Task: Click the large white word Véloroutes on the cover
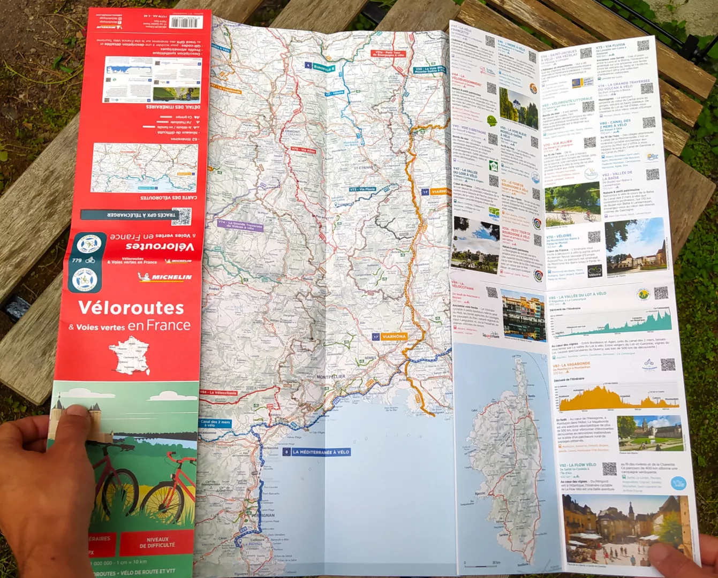131,308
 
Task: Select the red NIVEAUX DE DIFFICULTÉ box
157,542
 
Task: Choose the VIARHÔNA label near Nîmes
394,337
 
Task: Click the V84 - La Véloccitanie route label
218,392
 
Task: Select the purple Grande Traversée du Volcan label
240,226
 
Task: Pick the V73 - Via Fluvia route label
362,189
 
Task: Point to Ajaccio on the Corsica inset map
480,493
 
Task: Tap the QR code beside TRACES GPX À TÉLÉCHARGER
182,216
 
